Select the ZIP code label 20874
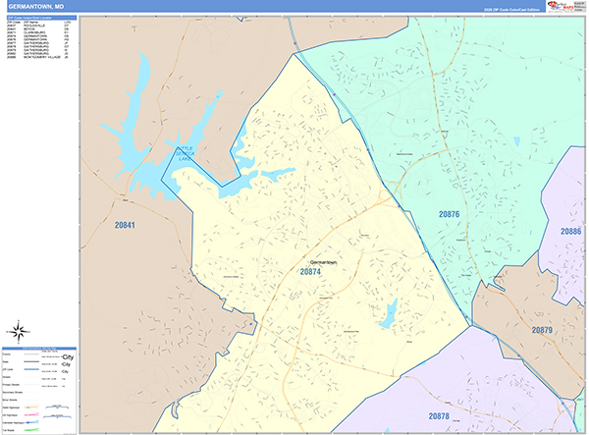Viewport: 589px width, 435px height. (x=310, y=273)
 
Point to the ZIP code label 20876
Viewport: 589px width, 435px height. (x=450, y=213)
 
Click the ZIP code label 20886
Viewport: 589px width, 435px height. (x=571, y=231)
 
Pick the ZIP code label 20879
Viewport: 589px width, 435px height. (x=543, y=330)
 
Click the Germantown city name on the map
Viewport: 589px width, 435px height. (x=323, y=262)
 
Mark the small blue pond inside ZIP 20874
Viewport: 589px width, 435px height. (x=390, y=314)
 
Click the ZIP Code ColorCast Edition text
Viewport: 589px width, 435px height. (x=511, y=9)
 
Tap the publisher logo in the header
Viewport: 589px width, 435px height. (x=567, y=6)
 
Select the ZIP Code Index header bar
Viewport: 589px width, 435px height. (x=39, y=18)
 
